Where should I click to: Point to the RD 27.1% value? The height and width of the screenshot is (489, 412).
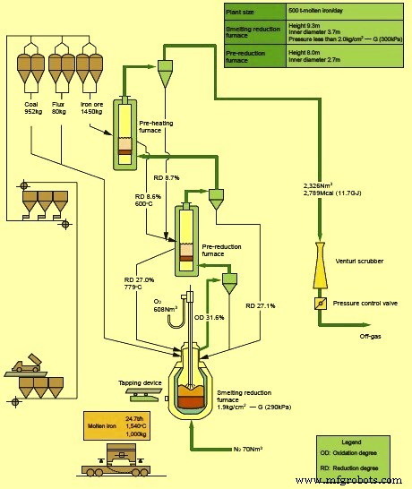point(261,306)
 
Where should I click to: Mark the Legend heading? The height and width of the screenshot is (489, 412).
point(357,443)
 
